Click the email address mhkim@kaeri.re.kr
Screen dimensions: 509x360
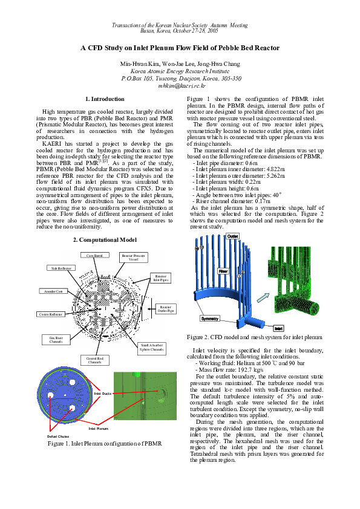[180, 86]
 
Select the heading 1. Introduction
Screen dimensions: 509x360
[104, 99]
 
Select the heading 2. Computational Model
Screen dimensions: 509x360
[104, 240]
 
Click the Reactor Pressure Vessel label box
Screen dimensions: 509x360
[134, 258]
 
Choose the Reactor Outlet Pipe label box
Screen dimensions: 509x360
[165, 309]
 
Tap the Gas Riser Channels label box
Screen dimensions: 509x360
[52, 340]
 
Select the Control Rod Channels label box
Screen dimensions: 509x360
[94, 360]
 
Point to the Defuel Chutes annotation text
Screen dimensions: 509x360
[57, 436]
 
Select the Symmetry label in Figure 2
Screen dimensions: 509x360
[209, 318]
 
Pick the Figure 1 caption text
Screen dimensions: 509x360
[104, 443]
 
